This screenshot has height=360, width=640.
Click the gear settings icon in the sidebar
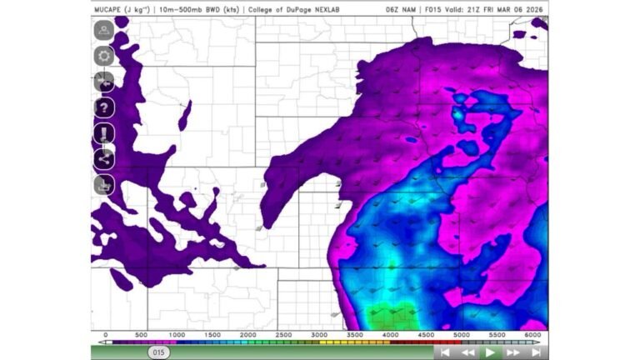coord(104,56)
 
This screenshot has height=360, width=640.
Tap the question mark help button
coord(104,107)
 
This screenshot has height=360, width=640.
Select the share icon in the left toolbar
coord(104,158)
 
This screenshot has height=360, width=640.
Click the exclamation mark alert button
coord(104,133)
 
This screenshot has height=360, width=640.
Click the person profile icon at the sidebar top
coord(104,30)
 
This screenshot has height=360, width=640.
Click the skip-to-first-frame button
coord(445,352)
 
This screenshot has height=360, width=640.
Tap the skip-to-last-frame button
coord(536,352)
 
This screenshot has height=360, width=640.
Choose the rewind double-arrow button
coord(467,352)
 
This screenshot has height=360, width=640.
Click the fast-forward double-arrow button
coord(513,352)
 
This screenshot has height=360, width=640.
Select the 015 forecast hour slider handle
coord(160,352)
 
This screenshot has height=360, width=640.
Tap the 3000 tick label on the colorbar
coord(318,334)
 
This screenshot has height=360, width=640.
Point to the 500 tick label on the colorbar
coord(140,334)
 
